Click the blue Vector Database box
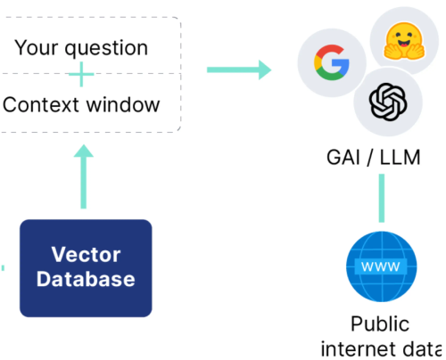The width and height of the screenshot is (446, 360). coord(86,267)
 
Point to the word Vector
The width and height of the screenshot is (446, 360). coord(87,254)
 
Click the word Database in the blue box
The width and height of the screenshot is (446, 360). coord(87,279)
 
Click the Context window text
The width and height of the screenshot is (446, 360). coord(81,105)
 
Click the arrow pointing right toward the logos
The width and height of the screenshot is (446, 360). coord(238,69)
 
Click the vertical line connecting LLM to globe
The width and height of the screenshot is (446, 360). coord(381,198)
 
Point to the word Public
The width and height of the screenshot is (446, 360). coord(380,323)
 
